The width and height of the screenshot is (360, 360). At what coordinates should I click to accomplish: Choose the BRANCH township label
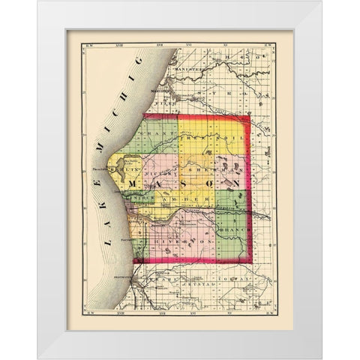(x=232, y=211)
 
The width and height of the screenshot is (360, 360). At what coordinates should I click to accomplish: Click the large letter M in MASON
(x=135, y=184)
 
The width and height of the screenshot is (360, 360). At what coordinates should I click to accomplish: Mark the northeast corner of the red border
(x=250, y=117)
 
